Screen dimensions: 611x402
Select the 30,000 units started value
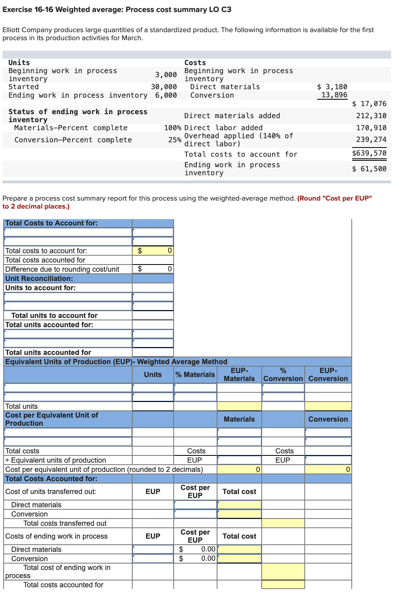coord(164,87)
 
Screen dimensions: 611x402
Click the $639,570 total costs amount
coord(369,153)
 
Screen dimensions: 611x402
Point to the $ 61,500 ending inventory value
coord(369,169)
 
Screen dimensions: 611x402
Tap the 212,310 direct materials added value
coord(371,116)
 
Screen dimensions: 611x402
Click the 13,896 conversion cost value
coord(334,95)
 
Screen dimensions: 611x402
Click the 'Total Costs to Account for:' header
coord(51,223)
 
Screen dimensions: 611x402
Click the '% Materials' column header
coord(195,375)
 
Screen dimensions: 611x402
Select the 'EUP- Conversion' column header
coord(328,375)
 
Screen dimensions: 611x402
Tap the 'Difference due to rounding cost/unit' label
coord(62,269)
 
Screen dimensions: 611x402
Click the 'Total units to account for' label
coord(54,316)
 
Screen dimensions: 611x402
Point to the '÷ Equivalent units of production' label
coord(56,460)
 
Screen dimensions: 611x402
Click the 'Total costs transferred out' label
coord(65,523)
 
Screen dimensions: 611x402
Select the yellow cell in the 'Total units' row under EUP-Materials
coord(239,406)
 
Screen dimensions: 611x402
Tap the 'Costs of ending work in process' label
coord(56,536)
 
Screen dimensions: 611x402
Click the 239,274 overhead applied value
coord(371,139)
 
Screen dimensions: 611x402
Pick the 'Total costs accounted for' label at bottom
coord(63,585)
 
